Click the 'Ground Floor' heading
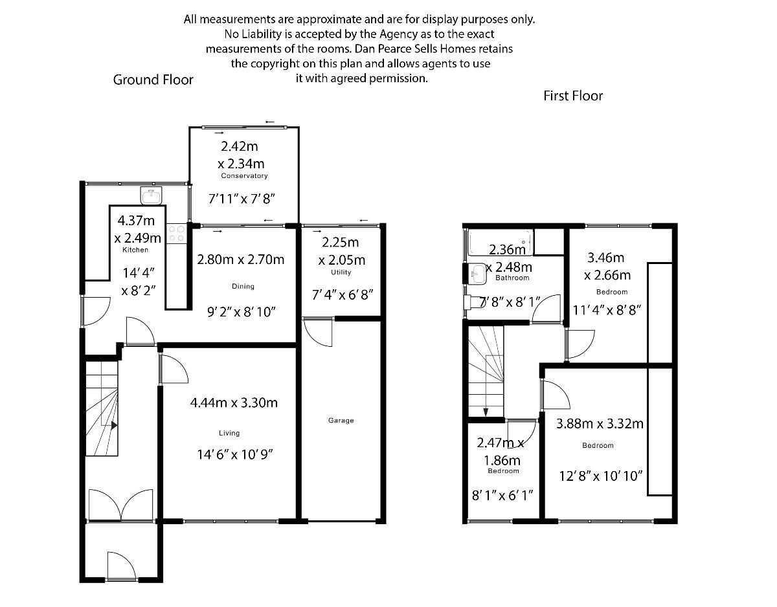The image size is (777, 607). (x=153, y=80)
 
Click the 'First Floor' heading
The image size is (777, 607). (x=573, y=96)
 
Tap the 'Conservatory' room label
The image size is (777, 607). (x=244, y=176)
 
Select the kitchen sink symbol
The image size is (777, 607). (x=151, y=195)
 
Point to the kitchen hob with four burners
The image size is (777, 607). (x=177, y=234)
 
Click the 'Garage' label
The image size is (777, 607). (x=341, y=421)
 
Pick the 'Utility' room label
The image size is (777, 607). (x=341, y=272)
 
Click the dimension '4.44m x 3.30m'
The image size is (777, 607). (x=234, y=403)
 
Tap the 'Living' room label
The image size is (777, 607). (x=229, y=433)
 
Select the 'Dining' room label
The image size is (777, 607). (x=243, y=286)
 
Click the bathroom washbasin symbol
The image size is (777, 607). (x=477, y=274)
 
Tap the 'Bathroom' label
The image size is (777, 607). (x=512, y=278)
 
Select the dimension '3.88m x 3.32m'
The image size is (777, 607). (x=600, y=424)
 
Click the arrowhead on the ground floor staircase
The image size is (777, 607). (x=114, y=425)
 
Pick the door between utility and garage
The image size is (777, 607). (x=319, y=333)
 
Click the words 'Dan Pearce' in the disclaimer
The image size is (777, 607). (x=382, y=49)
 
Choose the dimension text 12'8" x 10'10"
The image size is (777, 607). (x=600, y=476)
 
